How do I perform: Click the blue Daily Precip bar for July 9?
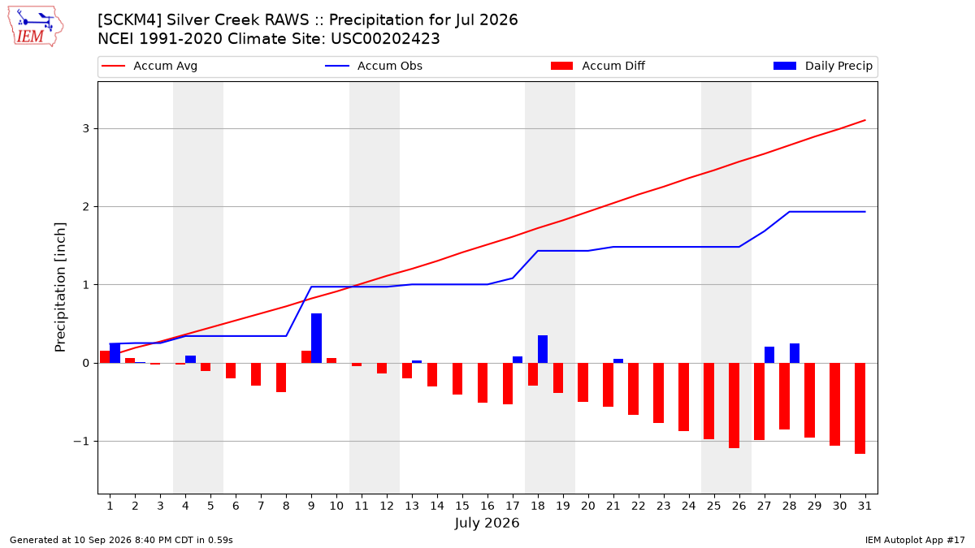click(x=316, y=338)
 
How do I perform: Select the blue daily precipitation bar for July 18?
click(x=543, y=349)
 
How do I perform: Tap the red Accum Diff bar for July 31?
click(x=860, y=408)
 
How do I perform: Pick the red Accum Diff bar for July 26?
click(x=734, y=405)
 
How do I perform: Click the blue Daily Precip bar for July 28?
click(x=795, y=353)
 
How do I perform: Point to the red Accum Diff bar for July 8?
click(x=281, y=378)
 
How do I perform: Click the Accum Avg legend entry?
click(x=149, y=66)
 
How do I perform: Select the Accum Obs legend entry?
click(x=374, y=66)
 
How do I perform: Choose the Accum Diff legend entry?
click(x=598, y=66)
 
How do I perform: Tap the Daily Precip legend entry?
click(x=822, y=66)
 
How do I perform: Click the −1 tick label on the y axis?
click(x=81, y=442)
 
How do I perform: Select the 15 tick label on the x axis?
click(x=462, y=506)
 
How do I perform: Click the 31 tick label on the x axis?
click(x=864, y=506)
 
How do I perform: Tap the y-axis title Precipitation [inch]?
click(x=60, y=287)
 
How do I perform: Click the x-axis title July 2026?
click(x=487, y=523)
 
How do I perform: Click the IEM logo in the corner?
click(x=35, y=27)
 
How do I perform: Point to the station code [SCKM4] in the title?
click(x=130, y=20)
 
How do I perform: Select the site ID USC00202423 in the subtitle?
click(x=385, y=39)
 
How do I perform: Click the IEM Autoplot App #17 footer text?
click(x=915, y=540)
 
